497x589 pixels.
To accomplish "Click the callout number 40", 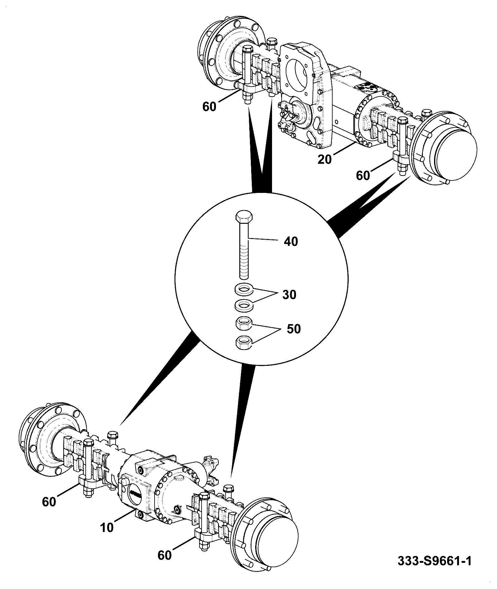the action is point(291,241).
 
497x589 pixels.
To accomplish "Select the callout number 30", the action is point(289,294).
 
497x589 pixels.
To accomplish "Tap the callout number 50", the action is point(293,329).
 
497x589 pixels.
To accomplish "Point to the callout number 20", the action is point(325,159).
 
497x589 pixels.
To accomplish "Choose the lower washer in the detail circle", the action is point(244,305).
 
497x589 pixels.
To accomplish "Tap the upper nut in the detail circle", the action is point(244,324).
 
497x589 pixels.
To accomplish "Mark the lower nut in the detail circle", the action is point(244,342).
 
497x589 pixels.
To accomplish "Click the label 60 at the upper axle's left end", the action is point(209,107).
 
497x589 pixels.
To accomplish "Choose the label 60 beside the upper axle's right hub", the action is point(363,176).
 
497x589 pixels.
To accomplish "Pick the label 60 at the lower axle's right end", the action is point(165,555).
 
